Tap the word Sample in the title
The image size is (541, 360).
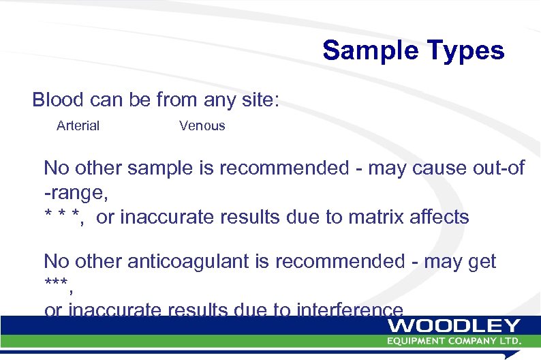coord(368,51)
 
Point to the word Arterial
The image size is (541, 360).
coord(78,125)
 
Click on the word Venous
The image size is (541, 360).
coord(202,125)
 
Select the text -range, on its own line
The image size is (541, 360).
coord(76,193)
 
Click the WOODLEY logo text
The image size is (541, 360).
coord(454,326)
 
